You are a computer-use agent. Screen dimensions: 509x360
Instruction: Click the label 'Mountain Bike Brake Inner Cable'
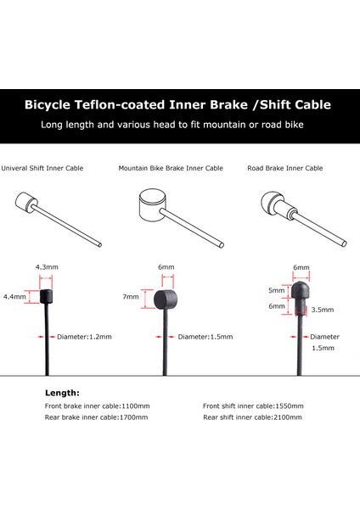171,168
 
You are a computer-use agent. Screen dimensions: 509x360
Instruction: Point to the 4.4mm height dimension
14,297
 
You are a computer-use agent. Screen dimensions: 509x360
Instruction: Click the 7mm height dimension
130,298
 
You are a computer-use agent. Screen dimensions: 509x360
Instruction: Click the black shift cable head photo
47,296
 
